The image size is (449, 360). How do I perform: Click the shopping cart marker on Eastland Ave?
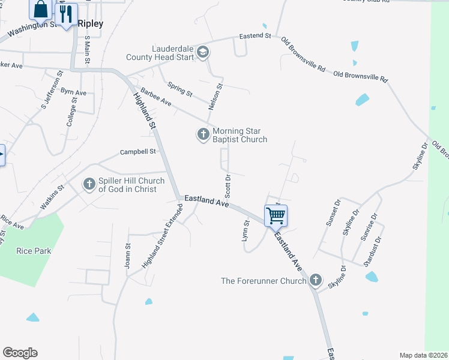coord(276,215)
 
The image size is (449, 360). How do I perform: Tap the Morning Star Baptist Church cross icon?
coord(203,135)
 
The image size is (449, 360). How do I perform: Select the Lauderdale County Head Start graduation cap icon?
coord(202,52)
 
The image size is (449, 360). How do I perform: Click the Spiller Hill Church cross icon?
coord(89,184)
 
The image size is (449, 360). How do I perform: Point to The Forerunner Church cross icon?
coord(316,280)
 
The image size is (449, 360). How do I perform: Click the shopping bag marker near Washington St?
coord(41,9)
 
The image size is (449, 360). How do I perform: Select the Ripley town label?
coord(91,24)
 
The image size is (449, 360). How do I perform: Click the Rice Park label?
coord(34,251)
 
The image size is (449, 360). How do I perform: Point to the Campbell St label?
coord(138,152)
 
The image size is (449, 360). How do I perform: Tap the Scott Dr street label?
coord(228,186)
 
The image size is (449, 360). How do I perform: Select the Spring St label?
coord(179,90)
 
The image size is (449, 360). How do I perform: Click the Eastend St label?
coord(255,36)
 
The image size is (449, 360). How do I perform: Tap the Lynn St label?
coord(246,231)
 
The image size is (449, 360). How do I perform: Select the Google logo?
coord(20,353)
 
